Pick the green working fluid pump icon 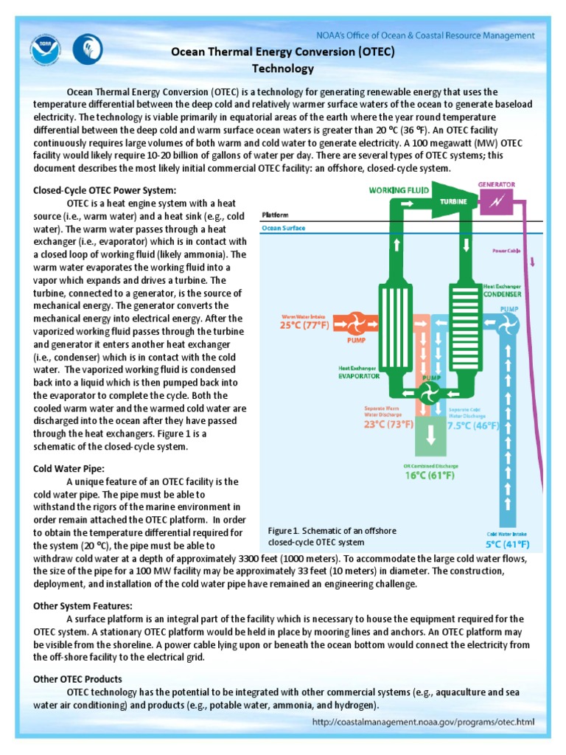(427, 392)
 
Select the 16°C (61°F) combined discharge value (420, 476)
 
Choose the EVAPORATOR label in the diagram (359, 375)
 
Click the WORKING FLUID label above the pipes (402, 189)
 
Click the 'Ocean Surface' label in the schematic (284, 229)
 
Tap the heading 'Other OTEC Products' (78, 678)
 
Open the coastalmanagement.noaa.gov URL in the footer (423, 723)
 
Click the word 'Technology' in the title (283, 69)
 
